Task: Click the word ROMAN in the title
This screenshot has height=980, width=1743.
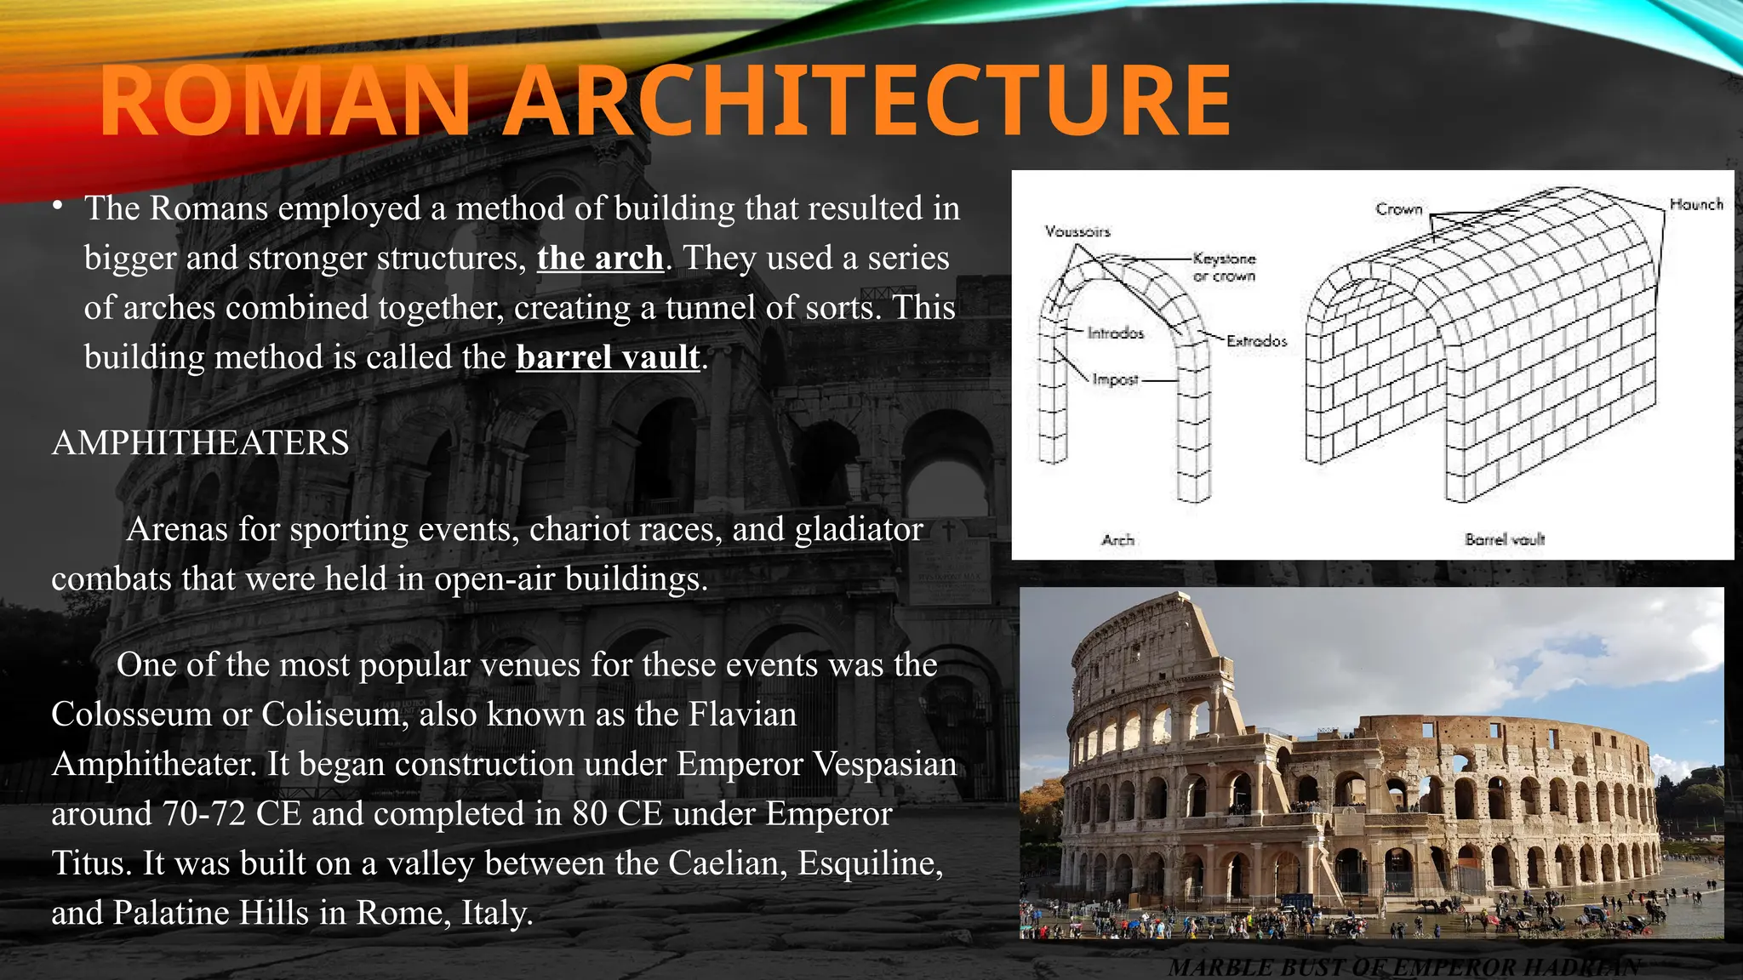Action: point(285,102)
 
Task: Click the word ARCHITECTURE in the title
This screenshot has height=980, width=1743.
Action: point(866,102)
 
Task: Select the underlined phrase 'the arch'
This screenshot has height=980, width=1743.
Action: point(600,258)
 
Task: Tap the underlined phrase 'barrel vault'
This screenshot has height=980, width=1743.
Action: point(608,357)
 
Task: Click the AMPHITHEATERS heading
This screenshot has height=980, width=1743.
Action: point(200,443)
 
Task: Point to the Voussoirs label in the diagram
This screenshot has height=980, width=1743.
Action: point(1077,231)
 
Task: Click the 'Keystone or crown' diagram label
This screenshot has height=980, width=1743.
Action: point(1224,267)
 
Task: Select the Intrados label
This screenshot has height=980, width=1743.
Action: point(1115,333)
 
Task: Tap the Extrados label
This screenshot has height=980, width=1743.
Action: point(1256,341)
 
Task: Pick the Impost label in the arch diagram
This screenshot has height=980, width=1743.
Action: point(1115,379)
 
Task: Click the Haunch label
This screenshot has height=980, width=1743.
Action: point(1695,204)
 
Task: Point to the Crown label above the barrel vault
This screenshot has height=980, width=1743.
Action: point(1398,209)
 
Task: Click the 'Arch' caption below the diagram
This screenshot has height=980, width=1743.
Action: point(1117,539)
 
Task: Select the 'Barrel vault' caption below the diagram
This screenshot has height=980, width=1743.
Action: point(1504,539)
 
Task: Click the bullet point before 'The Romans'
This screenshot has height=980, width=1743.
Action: point(56,206)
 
